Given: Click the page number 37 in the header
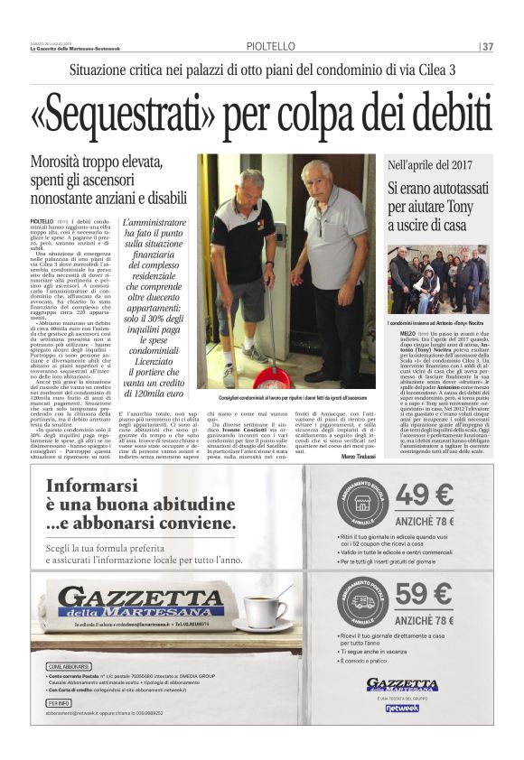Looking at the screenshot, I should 487,47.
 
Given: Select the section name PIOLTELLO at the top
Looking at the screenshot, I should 269,47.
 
